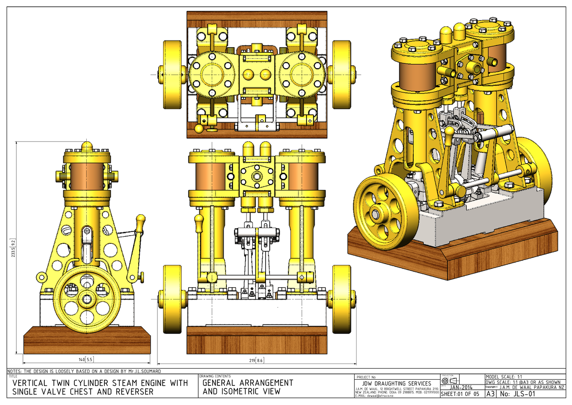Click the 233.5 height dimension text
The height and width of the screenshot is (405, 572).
(x=19, y=248)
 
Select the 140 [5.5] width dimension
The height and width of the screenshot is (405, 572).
(x=86, y=359)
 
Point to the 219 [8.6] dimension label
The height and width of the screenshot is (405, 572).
(x=256, y=359)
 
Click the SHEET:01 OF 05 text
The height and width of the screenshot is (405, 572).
(x=461, y=394)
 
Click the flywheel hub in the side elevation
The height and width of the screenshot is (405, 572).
(x=87, y=299)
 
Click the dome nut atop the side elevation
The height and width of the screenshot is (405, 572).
(x=87, y=145)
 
